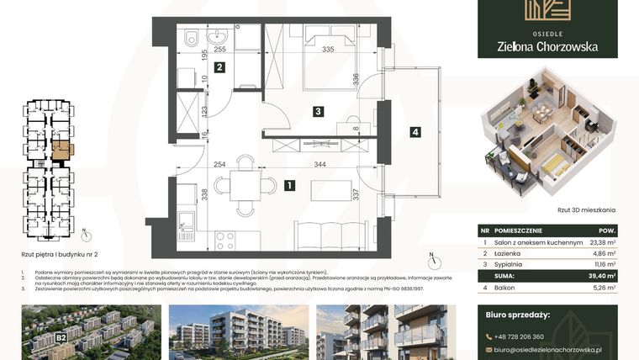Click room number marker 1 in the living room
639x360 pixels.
coord(289,185)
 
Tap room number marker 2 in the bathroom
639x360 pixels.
coord(219,68)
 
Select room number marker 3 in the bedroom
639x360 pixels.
coord(318,110)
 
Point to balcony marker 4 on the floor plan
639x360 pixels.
coord(415,131)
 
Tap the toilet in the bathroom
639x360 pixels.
coord(192,38)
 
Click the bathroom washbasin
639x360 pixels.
coord(219,37)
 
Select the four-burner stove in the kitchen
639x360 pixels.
coord(224,241)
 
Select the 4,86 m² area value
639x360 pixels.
coord(605,252)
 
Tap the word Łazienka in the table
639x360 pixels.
coord(510,252)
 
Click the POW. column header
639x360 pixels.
coord(607,230)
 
